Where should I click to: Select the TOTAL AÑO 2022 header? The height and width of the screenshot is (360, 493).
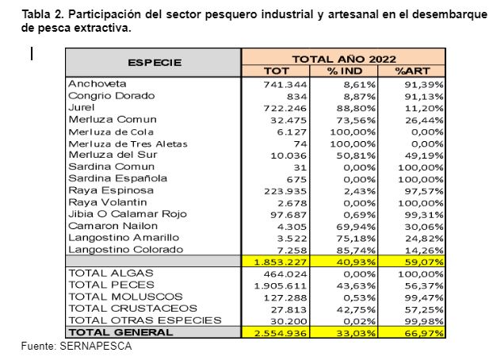pos(342,58)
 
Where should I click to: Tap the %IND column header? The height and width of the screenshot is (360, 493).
pos(344,71)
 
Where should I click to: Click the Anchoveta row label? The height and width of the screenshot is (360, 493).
pos(97,82)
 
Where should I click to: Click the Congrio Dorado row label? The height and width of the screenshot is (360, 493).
pos(111,95)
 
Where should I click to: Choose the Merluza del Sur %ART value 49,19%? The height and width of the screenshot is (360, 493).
pos(423,155)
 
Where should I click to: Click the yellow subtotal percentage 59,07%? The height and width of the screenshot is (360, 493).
pos(423,262)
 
